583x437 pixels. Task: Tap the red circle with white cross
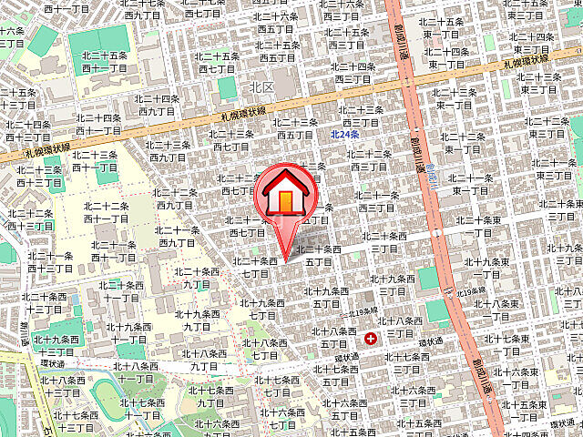pos(371,339)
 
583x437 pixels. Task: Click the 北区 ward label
pos(262,87)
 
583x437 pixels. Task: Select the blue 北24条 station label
pos(345,135)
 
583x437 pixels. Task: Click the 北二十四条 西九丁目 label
pos(157,105)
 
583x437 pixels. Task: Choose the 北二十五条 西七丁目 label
pos(217,61)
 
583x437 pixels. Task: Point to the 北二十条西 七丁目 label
pos(254,267)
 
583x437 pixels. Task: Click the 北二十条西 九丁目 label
pos(196,277)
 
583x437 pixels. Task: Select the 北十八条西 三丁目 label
pos(399,327)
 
